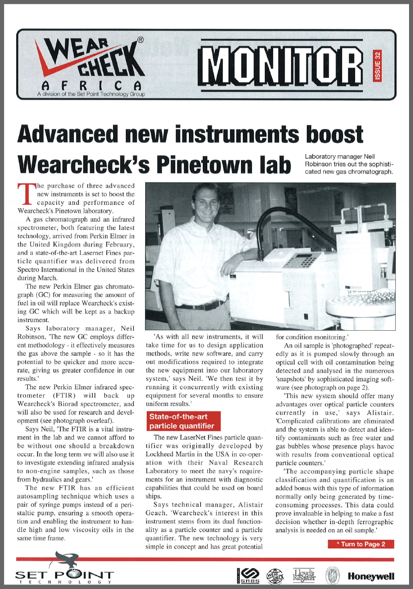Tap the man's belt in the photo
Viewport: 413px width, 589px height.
202,305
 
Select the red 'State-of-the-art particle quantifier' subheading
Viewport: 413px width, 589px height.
182,421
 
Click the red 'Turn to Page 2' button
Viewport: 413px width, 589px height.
361,544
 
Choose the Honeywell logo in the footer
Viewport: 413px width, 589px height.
371,576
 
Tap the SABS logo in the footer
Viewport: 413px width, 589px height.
246,575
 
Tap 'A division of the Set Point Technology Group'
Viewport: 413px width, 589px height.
91,94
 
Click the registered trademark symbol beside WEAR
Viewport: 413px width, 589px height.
140,39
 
